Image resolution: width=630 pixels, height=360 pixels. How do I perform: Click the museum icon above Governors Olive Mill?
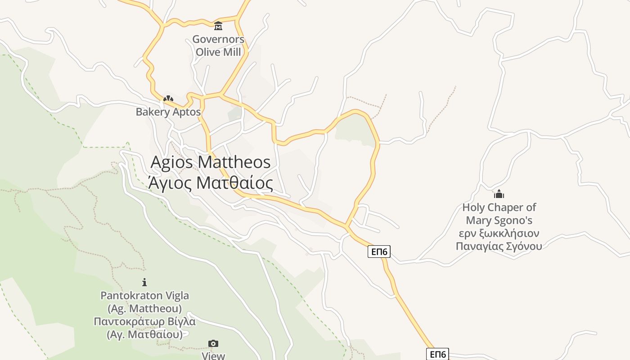218,26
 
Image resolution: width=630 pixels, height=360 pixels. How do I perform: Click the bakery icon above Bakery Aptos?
168,99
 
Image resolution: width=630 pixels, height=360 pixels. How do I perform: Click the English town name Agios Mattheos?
210,162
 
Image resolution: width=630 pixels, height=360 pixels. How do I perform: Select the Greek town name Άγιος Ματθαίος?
210,183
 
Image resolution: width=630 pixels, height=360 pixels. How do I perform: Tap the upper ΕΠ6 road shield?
379,252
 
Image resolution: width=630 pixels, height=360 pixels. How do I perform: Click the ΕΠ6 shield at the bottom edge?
437,354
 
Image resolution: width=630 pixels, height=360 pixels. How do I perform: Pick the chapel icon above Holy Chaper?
499,194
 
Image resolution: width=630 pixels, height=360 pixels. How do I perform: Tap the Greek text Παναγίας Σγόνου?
499,246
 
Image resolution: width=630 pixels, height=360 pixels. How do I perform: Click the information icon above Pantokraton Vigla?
144,282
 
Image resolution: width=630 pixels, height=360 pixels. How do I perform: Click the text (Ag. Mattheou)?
144,309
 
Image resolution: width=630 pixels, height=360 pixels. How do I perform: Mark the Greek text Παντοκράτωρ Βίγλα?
144,322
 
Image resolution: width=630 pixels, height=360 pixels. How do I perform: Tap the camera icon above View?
213,344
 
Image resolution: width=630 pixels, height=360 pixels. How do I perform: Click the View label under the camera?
213,355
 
